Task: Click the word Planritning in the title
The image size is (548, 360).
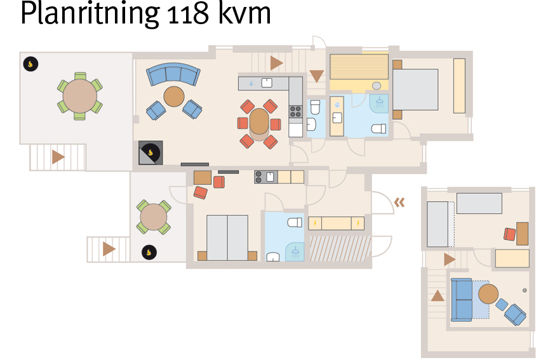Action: [89, 13]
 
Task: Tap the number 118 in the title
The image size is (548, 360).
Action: [189, 14]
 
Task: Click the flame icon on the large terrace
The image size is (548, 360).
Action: [30, 64]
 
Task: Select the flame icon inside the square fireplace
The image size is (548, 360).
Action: [150, 153]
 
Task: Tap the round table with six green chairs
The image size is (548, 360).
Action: [79, 96]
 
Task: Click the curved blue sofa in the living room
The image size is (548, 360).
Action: [173, 74]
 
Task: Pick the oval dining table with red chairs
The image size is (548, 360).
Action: [259, 121]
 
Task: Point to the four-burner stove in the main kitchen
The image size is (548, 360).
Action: [296, 112]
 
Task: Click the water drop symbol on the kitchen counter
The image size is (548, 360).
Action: [251, 84]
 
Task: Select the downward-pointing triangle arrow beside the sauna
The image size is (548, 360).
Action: [317, 76]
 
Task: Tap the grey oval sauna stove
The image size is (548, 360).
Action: [377, 86]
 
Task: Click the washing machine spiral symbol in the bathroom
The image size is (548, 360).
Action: [337, 105]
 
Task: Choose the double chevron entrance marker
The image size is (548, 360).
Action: [399, 202]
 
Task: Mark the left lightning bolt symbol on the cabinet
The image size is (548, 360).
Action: [315, 223]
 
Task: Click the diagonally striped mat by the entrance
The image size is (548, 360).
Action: [340, 248]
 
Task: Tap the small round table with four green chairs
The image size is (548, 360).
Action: [154, 217]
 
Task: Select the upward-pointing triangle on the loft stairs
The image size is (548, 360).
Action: [438, 296]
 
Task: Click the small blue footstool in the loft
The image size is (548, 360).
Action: [502, 304]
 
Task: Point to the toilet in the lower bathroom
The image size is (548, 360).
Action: [295, 222]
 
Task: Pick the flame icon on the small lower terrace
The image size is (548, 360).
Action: [149, 252]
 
